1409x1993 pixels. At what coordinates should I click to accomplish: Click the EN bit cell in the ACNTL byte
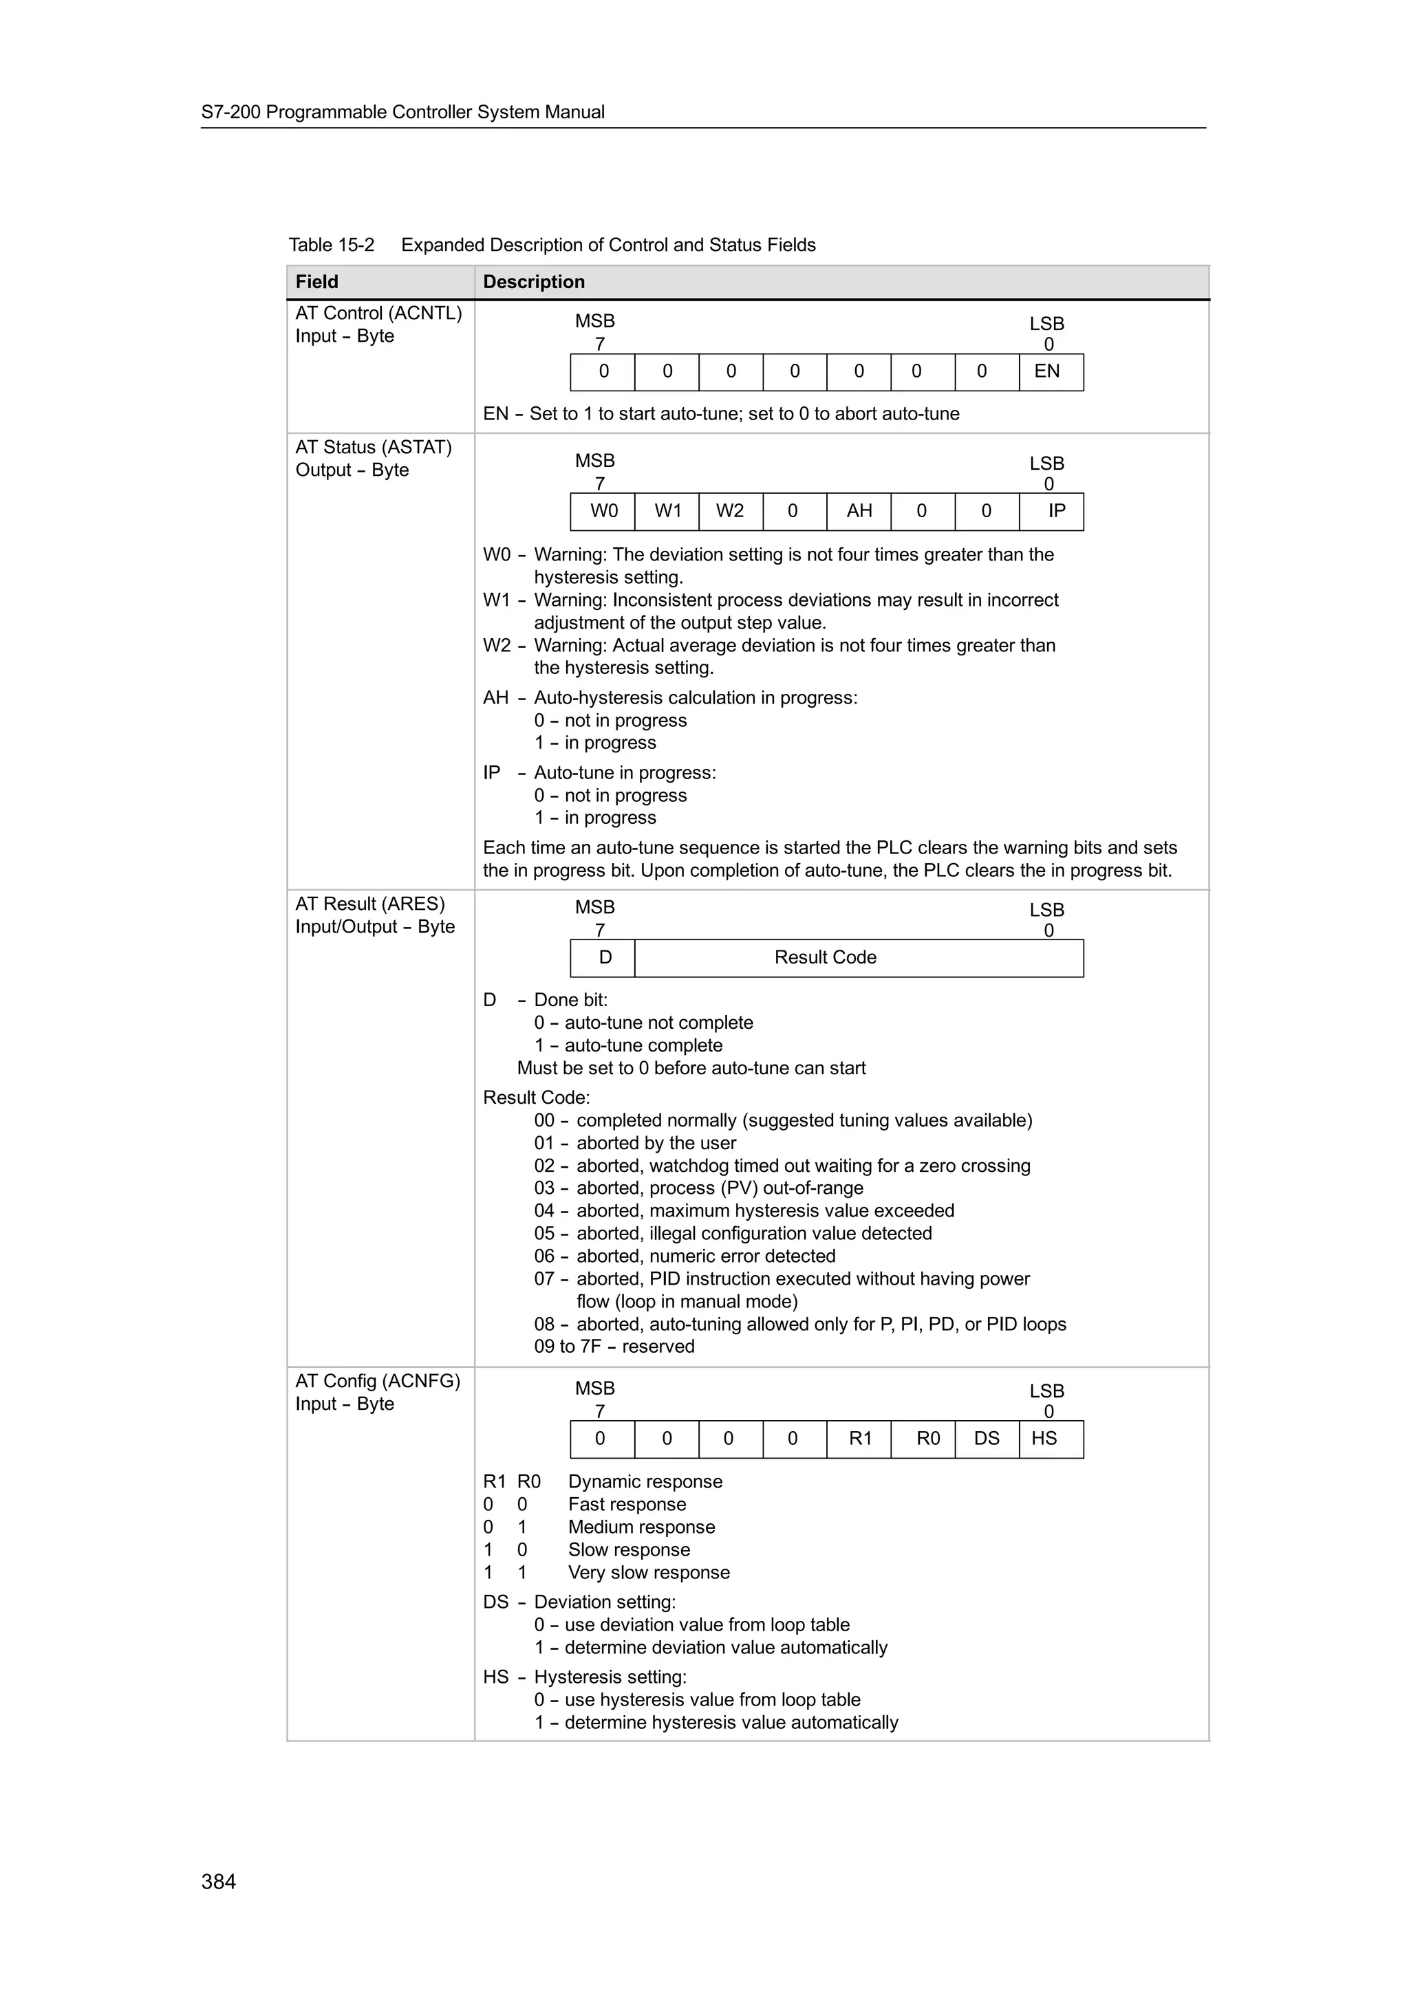(x=1051, y=371)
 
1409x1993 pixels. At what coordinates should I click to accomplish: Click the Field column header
(x=317, y=282)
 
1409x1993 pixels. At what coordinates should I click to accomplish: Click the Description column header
(x=533, y=282)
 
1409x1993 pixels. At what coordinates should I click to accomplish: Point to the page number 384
(x=219, y=1881)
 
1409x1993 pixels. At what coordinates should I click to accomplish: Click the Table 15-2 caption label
(x=331, y=245)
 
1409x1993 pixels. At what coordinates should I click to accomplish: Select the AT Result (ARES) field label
(x=370, y=904)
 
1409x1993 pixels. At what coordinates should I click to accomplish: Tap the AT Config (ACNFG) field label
(x=378, y=1380)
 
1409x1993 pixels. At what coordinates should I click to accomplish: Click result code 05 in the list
(x=544, y=1234)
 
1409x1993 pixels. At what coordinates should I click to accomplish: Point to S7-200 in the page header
(x=231, y=112)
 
